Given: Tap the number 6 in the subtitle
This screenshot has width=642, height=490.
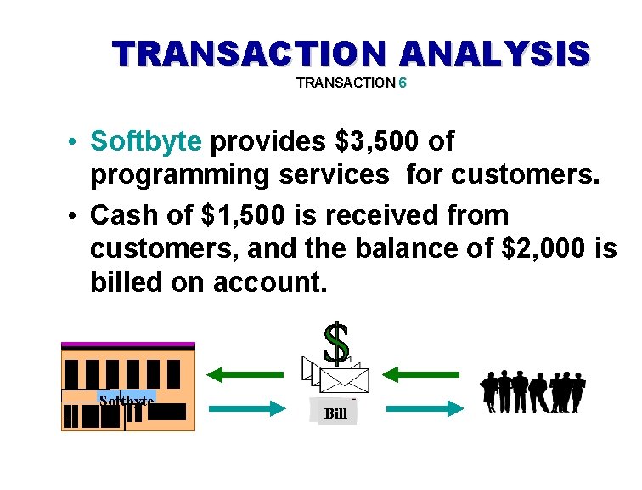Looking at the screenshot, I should pos(403,83).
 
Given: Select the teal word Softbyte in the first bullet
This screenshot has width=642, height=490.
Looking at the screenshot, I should pos(146,141).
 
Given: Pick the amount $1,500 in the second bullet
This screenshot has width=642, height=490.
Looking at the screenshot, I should pos(246,214).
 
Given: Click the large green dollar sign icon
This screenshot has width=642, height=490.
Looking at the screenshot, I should pos(337,343).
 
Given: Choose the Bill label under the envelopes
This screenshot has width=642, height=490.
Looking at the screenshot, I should pos(335,413).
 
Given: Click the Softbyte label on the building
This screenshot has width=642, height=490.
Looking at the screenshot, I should pos(126,400).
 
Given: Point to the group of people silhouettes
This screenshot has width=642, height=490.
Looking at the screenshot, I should pos(532,392).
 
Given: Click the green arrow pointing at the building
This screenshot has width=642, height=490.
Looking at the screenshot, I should pos(245,373).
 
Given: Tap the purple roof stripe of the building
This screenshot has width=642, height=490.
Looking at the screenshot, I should pos(128,345).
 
